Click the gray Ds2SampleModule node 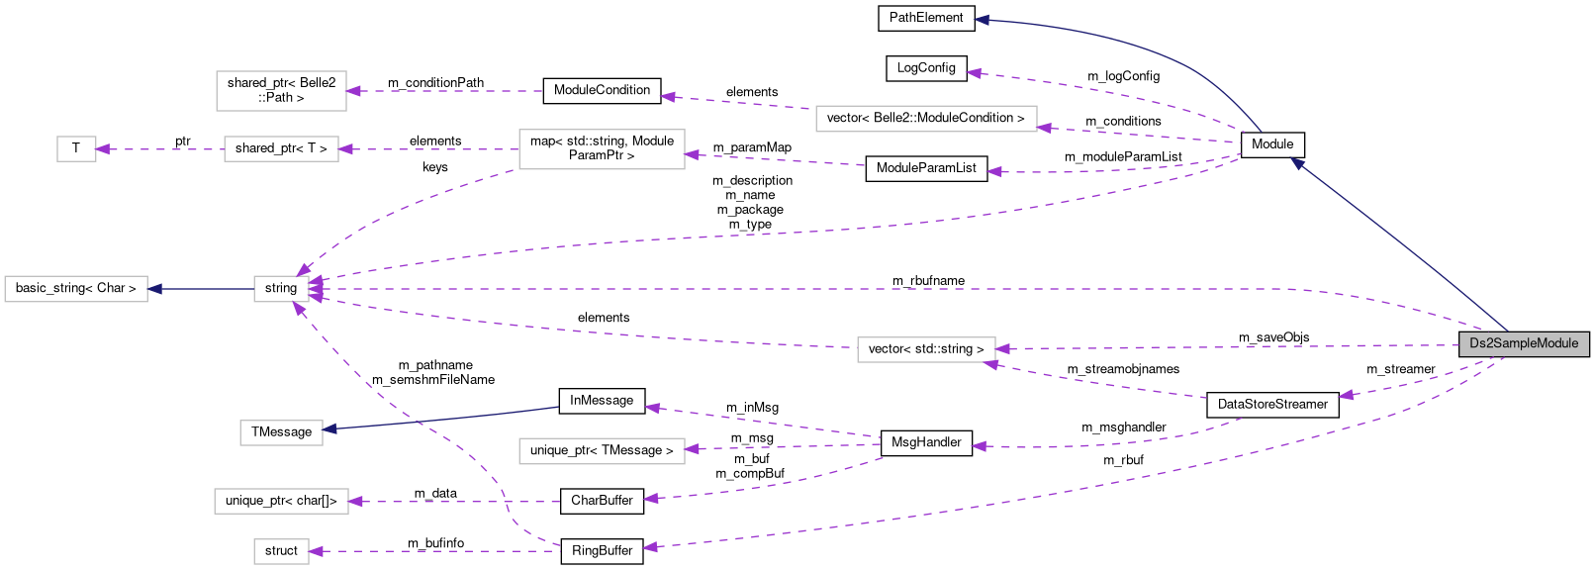[1524, 343]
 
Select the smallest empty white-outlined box [76, 149]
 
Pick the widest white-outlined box [926, 119]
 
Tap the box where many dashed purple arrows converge [281, 289]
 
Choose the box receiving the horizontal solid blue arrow [76, 289]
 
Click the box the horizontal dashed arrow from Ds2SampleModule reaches [926, 349]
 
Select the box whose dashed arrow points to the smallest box [281, 149]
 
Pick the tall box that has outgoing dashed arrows [602, 149]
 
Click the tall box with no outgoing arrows [281, 91]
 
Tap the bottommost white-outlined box [281, 551]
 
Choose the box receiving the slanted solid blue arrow [281, 432]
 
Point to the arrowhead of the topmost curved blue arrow [981, 20]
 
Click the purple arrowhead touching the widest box [1044, 128]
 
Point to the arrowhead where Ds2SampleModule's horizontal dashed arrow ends [1002, 349]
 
